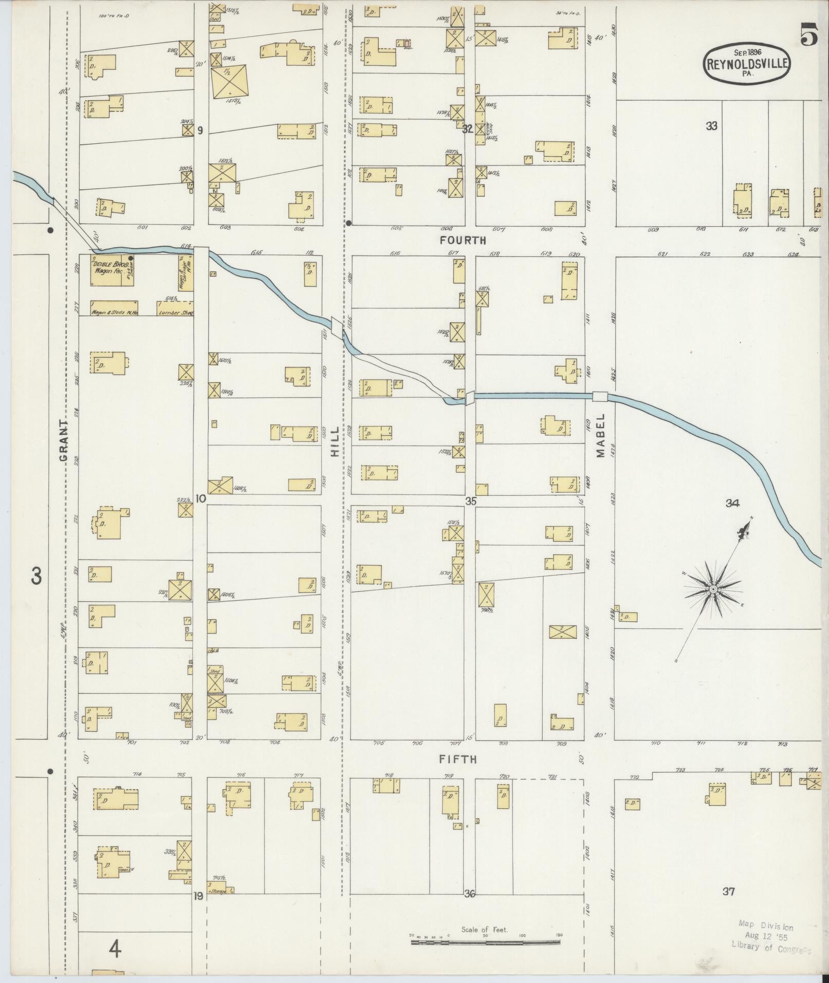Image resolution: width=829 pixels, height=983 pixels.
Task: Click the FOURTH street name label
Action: tap(463, 240)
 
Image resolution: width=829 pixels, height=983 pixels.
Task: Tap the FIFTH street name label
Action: tap(458, 759)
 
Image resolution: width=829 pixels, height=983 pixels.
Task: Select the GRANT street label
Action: tap(64, 441)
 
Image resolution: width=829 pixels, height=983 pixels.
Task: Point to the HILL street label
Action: tap(335, 441)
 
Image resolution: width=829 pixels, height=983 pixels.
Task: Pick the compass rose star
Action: tap(713, 588)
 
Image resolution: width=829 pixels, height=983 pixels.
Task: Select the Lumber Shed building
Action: tap(175, 308)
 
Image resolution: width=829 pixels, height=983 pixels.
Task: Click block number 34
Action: tap(732, 504)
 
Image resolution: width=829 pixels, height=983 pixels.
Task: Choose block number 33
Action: tap(711, 126)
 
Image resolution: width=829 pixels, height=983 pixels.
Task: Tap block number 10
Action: tap(200, 498)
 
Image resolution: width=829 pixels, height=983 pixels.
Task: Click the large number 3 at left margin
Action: tap(36, 577)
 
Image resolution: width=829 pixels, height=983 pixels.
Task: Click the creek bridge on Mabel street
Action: tap(600, 396)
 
